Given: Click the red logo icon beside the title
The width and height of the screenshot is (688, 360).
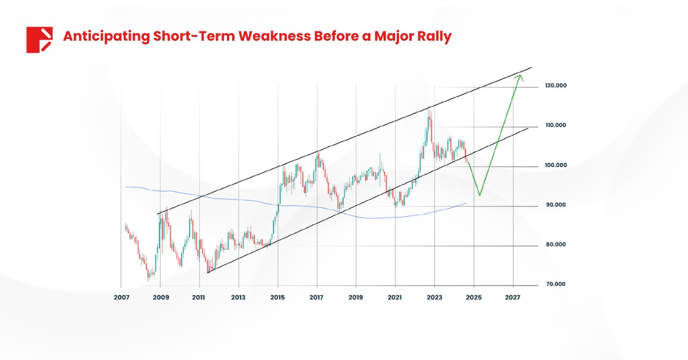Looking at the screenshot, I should pos(39,40).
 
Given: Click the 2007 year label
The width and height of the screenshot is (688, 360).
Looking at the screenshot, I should pos(121,298).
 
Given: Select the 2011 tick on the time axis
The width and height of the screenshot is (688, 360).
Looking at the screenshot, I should pos(199,298).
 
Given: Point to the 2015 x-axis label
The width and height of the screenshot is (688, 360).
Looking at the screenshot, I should pos(277,298).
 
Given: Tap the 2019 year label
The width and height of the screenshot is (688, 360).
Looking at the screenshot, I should pos(356,298).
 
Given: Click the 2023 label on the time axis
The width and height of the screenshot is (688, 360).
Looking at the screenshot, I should pos(435,298).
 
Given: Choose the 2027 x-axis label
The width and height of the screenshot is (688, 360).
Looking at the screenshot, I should pos(513,298).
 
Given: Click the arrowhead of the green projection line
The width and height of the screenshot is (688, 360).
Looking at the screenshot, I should pos(519,76).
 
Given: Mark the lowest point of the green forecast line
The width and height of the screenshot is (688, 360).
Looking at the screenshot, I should pos(479,195).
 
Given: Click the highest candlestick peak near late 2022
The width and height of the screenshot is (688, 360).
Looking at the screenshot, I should pos(429,108).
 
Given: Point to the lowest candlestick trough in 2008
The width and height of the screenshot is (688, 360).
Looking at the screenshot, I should pos(148,281).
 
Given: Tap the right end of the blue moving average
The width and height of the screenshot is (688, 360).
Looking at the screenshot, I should pos(467,204).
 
